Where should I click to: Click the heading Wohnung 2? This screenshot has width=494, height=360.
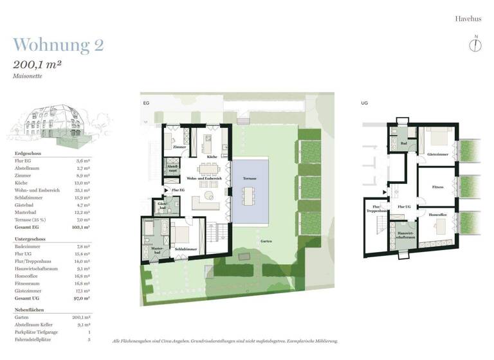tap(58, 45)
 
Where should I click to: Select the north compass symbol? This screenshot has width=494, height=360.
tap(475, 44)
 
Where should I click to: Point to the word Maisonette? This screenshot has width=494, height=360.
tap(28, 76)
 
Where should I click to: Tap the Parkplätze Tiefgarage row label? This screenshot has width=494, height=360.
tap(37, 332)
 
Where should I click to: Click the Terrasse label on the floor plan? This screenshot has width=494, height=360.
tap(250, 178)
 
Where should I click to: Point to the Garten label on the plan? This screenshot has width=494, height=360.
tap(266, 241)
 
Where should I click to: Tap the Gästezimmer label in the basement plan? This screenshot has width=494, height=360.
tap(437, 154)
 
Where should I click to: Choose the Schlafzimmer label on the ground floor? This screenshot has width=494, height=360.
tap(185, 248)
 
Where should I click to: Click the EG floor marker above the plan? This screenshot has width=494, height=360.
tap(145, 102)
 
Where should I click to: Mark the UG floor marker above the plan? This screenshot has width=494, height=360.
tap(364, 102)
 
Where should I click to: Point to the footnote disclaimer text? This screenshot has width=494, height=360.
tap(224, 341)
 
